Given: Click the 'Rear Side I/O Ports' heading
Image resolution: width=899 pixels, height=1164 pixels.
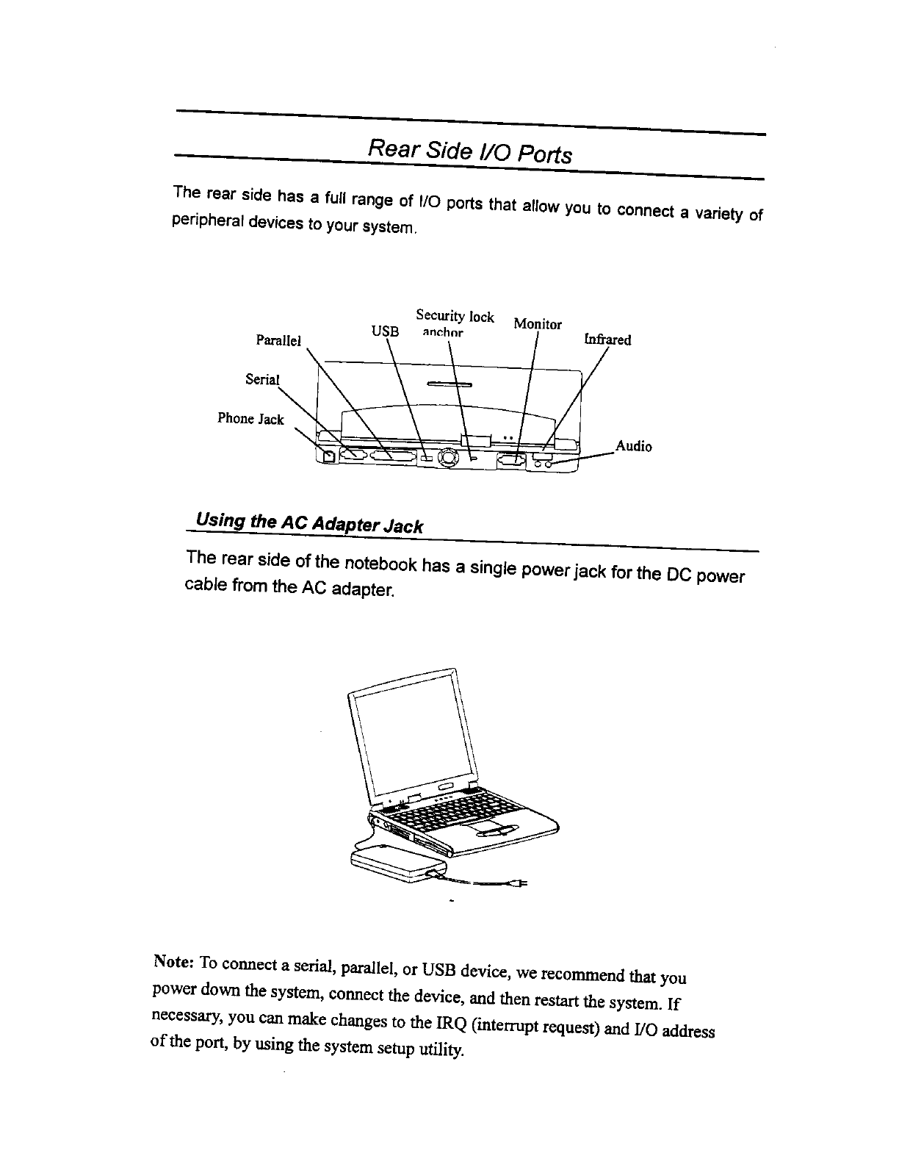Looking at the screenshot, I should point(469,152).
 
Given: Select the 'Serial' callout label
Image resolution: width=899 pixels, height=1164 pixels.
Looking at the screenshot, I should point(262,379).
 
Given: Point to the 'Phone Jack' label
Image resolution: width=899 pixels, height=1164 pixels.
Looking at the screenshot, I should point(250,419).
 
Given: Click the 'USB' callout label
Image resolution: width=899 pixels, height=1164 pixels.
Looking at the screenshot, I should point(386,331).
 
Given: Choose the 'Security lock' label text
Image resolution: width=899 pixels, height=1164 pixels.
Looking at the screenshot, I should point(455,317).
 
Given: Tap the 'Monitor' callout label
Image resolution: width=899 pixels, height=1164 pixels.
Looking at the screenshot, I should point(538,324).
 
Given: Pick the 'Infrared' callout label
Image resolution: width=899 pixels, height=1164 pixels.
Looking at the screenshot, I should point(607,339).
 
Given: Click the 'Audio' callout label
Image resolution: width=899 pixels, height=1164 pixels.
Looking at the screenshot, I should point(633,446).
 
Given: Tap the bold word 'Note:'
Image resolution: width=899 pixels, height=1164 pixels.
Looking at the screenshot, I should point(173,962).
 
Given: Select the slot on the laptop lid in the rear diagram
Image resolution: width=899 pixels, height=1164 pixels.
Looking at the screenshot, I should point(448,384).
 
